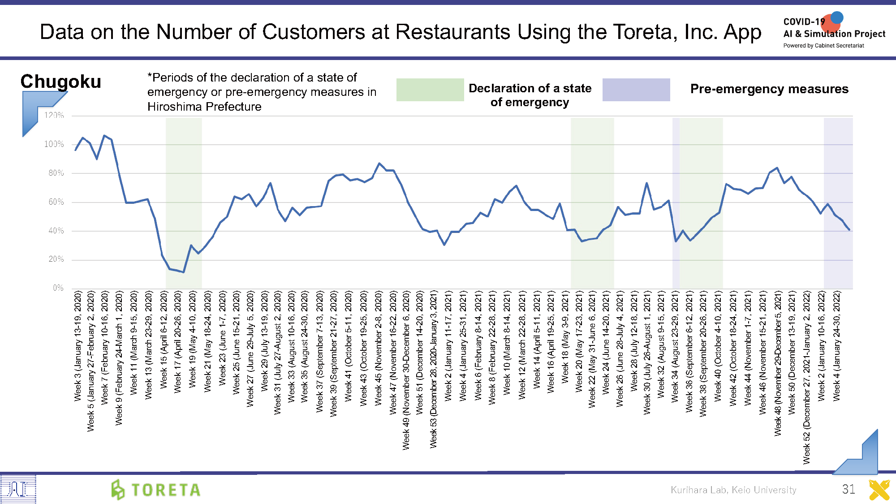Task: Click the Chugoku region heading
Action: click(x=61, y=82)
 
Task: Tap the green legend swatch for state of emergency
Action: click(x=430, y=90)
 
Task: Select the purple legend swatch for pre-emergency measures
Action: click(x=636, y=90)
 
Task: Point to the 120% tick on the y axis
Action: click(x=54, y=116)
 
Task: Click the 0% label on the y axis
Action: click(x=58, y=288)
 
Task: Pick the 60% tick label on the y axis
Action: click(x=56, y=202)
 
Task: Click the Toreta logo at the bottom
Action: click(x=156, y=489)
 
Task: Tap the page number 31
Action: click(x=849, y=489)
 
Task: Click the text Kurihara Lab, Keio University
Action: click(x=733, y=490)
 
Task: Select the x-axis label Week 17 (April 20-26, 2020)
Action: click(x=178, y=342)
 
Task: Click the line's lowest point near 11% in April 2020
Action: click(x=184, y=272)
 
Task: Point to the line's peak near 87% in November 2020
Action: click(x=379, y=164)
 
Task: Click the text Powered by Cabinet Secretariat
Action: click(x=823, y=46)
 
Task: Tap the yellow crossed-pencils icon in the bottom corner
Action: click(x=879, y=490)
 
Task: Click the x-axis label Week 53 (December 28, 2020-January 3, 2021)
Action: click(x=434, y=369)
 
